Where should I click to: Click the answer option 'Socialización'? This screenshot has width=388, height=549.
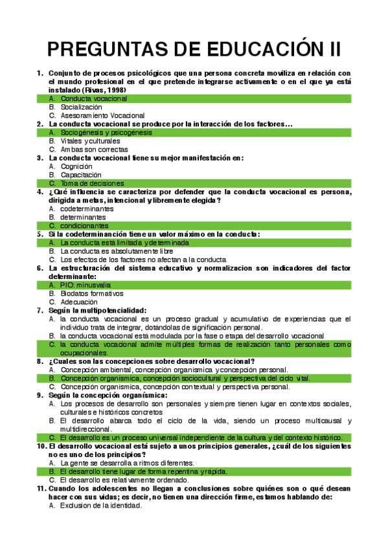point(81,107)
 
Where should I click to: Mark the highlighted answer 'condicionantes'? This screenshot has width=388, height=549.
point(84,226)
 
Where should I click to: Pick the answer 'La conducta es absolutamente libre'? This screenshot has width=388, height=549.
point(117,251)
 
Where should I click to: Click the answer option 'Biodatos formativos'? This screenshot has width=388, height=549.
point(91,293)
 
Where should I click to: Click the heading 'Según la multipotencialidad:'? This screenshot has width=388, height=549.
point(97,310)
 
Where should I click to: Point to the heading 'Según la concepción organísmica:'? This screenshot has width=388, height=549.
point(107,395)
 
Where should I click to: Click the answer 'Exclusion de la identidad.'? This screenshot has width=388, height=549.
point(101,506)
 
